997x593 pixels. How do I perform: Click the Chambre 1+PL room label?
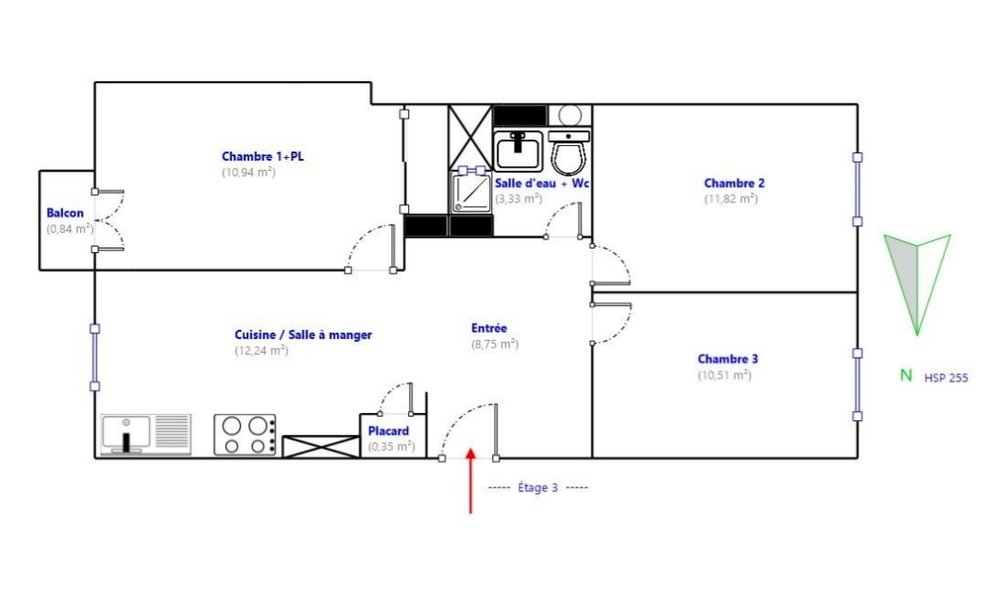(x=262, y=156)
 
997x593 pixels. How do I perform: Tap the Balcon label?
(x=65, y=213)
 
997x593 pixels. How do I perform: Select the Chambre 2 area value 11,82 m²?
(x=730, y=199)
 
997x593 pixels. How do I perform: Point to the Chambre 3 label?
(x=727, y=359)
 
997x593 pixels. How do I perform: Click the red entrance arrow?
(x=471, y=480)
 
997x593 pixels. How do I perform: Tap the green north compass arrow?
(x=917, y=284)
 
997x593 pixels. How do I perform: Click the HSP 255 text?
(x=946, y=378)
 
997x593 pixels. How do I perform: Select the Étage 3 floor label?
(x=538, y=488)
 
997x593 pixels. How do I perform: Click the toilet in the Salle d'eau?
(x=569, y=152)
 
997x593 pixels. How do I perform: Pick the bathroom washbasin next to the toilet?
(x=519, y=151)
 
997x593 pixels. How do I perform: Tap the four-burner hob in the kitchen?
(x=245, y=434)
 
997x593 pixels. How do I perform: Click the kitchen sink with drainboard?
(x=146, y=434)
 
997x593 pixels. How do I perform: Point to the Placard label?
(x=389, y=430)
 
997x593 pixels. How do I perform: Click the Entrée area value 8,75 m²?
(x=495, y=345)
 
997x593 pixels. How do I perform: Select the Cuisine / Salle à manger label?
(x=304, y=334)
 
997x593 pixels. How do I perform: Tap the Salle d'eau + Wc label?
(x=542, y=183)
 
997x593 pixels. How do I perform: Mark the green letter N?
(x=907, y=375)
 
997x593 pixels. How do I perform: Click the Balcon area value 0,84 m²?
(x=70, y=229)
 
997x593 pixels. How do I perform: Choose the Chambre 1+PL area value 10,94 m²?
(x=248, y=173)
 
